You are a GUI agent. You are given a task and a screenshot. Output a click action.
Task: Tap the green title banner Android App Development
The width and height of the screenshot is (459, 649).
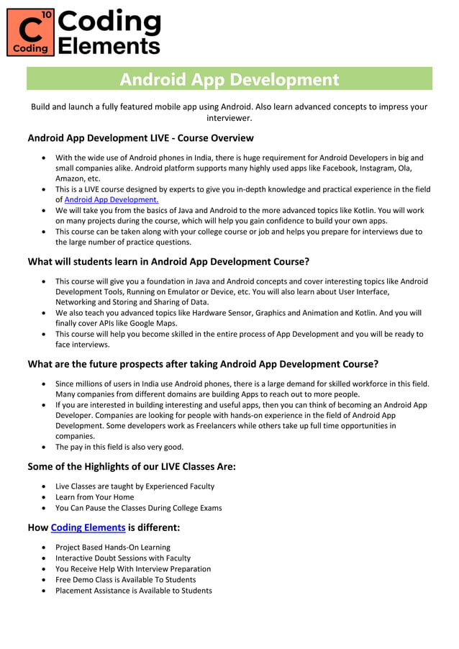(x=229, y=79)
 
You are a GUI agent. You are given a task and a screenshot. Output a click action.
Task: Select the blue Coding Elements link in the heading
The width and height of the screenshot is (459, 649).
(x=88, y=527)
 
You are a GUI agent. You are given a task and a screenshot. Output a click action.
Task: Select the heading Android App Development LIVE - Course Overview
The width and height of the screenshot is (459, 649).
(x=140, y=137)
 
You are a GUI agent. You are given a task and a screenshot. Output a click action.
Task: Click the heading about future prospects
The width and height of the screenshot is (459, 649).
(x=203, y=363)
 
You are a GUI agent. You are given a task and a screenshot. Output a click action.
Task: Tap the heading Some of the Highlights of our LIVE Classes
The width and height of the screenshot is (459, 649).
(x=132, y=466)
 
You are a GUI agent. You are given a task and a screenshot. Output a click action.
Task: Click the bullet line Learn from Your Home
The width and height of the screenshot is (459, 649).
(x=94, y=496)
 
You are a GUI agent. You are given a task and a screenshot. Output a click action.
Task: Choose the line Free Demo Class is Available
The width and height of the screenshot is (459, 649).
(x=125, y=579)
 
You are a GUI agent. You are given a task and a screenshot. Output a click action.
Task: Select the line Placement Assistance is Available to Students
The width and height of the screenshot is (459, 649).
(x=133, y=590)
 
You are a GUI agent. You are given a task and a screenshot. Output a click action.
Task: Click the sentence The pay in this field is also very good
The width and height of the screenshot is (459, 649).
(x=119, y=446)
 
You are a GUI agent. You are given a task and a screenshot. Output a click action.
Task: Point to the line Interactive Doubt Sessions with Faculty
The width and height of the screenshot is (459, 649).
(x=122, y=558)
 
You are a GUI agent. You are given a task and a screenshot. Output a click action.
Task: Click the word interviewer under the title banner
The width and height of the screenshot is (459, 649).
(x=229, y=117)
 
